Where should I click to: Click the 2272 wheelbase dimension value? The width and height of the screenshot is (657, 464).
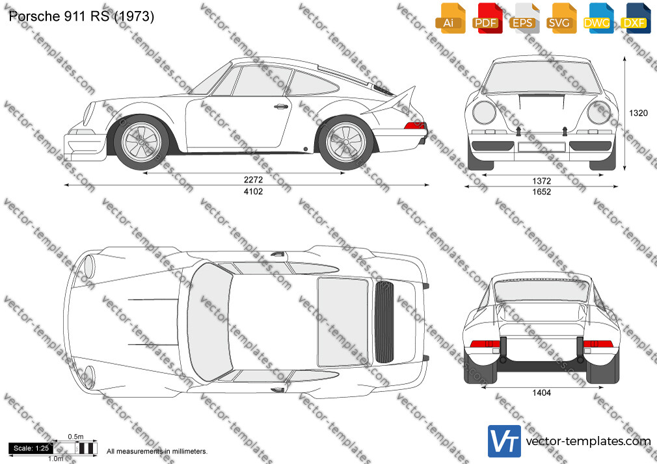point(253,179)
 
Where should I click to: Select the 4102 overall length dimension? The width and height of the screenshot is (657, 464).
point(253,191)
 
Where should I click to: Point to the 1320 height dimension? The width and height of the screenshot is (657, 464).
point(638,112)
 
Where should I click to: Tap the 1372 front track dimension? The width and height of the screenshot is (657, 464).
point(541,181)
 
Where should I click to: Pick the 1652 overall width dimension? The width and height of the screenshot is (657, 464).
point(541,192)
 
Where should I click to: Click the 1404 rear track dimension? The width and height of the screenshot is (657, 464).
point(541,393)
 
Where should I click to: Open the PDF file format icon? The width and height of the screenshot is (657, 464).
point(487,18)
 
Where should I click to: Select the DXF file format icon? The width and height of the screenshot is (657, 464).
point(635,18)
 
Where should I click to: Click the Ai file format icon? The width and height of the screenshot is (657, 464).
point(449,18)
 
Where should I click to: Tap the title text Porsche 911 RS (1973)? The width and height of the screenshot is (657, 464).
point(81,16)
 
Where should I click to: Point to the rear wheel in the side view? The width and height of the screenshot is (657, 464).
point(345,142)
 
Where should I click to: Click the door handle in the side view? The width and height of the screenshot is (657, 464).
point(282,107)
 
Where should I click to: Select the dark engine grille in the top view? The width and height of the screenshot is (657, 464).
point(384,322)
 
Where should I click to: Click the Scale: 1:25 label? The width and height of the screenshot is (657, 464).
point(31,448)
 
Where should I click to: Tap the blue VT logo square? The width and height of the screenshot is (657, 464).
point(505,441)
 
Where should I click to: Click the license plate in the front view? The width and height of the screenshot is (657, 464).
point(541,147)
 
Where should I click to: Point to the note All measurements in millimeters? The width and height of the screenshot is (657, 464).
point(157,452)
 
